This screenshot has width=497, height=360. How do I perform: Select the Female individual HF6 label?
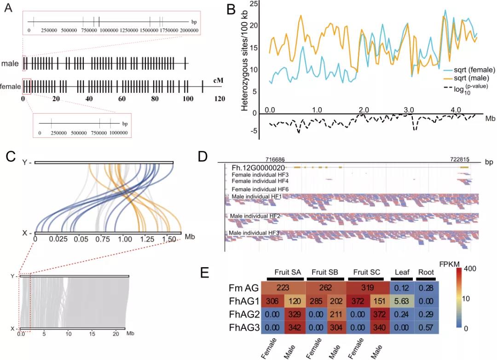tap(260, 189)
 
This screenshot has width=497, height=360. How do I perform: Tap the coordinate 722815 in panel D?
tap(459, 159)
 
